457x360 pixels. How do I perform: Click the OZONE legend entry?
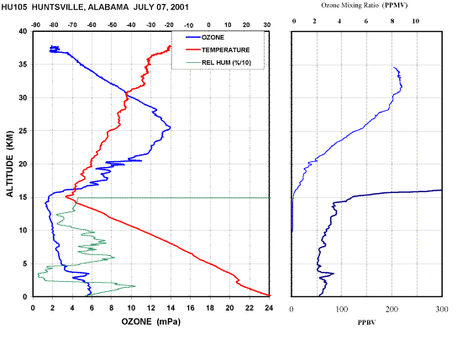(205, 37)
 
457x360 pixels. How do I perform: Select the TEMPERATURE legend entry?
(218, 50)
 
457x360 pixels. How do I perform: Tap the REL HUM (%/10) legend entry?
(218, 62)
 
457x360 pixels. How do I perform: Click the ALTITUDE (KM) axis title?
(10, 164)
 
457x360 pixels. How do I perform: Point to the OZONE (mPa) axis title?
(151, 321)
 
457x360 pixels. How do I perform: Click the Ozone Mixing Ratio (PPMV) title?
(365, 5)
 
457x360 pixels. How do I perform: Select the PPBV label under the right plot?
(366, 322)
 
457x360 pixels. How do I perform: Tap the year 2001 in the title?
(180, 8)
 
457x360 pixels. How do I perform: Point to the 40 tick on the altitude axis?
(23, 31)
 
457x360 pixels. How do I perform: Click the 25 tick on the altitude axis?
(23, 131)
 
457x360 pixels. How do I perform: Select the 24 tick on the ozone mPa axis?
(269, 308)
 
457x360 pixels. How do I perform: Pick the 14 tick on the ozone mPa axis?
(171, 308)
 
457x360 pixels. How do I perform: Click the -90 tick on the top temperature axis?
(35, 25)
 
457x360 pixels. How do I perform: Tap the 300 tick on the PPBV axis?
(442, 309)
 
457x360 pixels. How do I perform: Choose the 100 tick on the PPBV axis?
(342, 309)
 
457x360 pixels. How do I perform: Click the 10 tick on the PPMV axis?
(416, 21)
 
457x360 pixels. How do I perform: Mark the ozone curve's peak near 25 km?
(171, 128)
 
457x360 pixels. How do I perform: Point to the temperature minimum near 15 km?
(66, 196)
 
